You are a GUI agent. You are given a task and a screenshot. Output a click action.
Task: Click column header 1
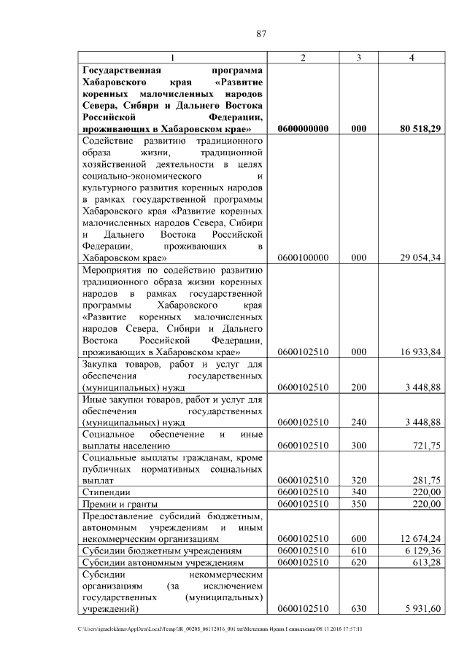172,58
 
